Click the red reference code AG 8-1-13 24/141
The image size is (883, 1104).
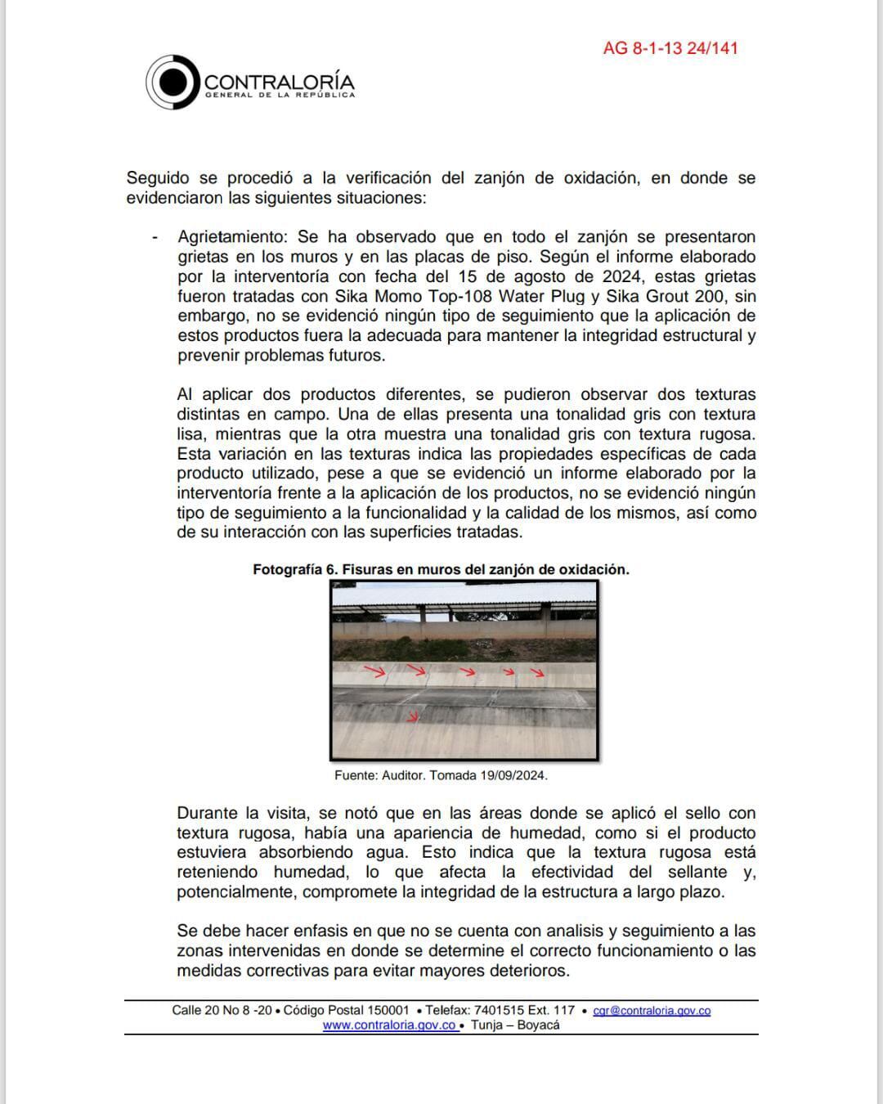[x=670, y=48]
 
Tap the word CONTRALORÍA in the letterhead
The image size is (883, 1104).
[x=279, y=82]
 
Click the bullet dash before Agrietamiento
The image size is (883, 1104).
[x=155, y=237]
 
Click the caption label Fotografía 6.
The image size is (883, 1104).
[x=294, y=570]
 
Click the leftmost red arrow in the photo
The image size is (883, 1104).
[x=374, y=672]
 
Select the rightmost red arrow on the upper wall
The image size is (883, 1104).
[x=537, y=673]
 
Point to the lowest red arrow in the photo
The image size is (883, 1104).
[x=413, y=717]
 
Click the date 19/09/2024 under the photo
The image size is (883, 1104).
[x=513, y=775]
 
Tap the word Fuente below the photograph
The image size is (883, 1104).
[x=356, y=775]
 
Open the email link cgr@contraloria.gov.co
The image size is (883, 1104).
[x=652, y=1011]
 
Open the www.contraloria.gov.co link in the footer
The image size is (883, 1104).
[x=389, y=1025]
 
